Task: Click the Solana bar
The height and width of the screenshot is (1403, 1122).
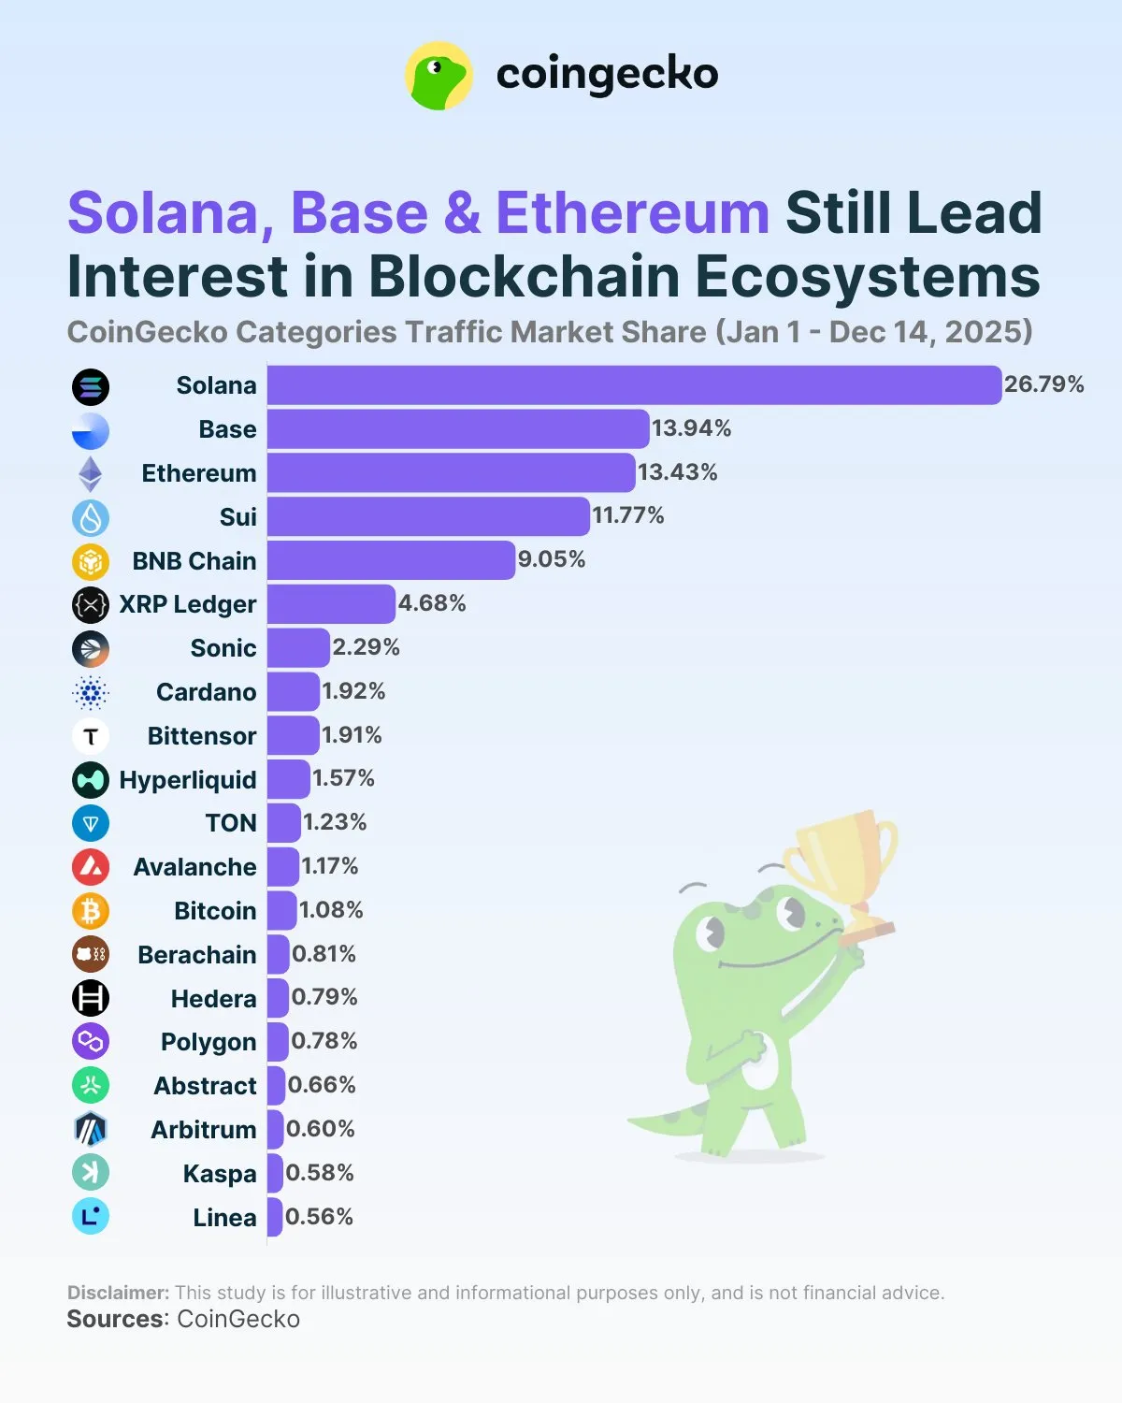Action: pyautogui.click(x=634, y=385)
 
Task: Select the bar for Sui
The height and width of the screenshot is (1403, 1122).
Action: pyautogui.click(x=428, y=516)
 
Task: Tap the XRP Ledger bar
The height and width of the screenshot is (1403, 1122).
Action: pyautogui.click(x=331, y=604)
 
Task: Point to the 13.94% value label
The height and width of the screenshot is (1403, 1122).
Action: pyautogui.click(x=691, y=428)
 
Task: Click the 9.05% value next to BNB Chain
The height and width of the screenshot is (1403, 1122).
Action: pyautogui.click(x=552, y=559)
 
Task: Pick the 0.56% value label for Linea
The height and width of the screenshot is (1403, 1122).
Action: pyautogui.click(x=319, y=1217)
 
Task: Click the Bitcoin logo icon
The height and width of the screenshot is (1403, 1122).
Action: pyautogui.click(x=91, y=911)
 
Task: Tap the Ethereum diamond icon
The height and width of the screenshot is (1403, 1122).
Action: pyautogui.click(x=91, y=474)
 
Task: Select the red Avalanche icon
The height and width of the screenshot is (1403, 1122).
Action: pyautogui.click(x=91, y=867)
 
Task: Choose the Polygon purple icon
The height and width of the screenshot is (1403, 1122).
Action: pyautogui.click(x=91, y=1041)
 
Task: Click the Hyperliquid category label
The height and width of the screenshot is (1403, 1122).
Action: pyautogui.click(x=188, y=780)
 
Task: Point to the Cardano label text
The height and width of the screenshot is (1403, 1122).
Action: pyautogui.click(x=206, y=692)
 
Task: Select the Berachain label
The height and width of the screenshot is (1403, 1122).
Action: pyautogui.click(x=196, y=955)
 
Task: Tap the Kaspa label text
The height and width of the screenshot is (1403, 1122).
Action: pyautogui.click(x=220, y=1174)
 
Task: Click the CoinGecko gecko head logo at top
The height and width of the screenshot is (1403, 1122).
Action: pyautogui.click(x=439, y=75)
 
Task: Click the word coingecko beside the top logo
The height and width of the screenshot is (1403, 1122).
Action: pyautogui.click(x=607, y=75)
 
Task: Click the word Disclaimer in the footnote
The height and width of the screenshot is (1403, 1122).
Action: pyautogui.click(x=118, y=1293)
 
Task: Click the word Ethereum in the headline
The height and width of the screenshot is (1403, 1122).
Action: pyautogui.click(x=632, y=213)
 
